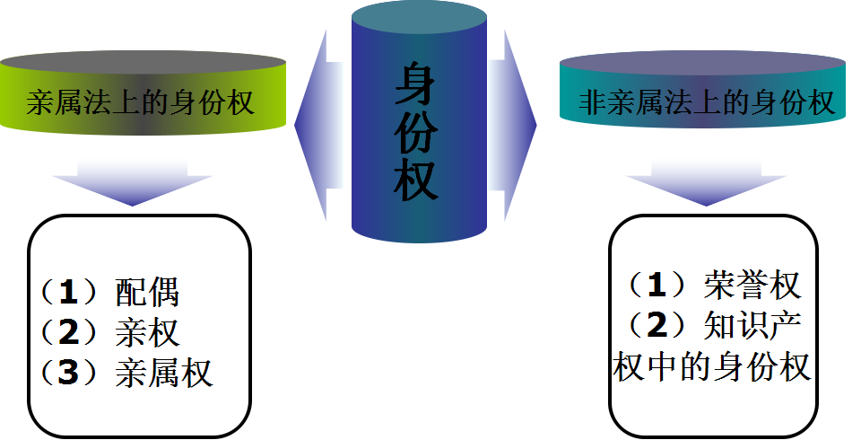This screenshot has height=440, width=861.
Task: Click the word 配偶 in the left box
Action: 148,293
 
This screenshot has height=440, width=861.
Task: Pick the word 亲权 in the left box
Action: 148,332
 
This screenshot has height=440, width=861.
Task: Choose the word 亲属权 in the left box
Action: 165,373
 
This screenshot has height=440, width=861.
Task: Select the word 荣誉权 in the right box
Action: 752,286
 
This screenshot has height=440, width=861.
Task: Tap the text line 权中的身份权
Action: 713,366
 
